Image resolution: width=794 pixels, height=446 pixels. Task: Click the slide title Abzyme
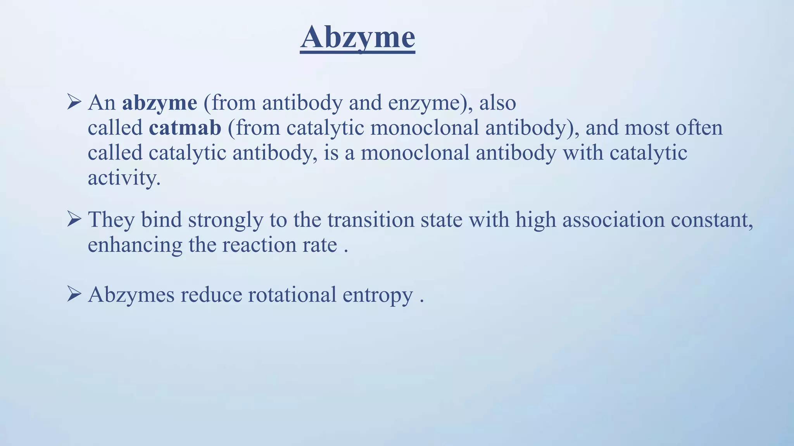click(x=357, y=38)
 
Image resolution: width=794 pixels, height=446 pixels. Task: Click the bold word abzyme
click(x=159, y=103)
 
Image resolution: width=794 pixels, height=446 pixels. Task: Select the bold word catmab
click(x=185, y=128)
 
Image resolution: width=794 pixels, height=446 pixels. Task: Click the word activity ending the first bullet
click(x=123, y=178)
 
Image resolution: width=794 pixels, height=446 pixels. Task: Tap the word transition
click(x=371, y=220)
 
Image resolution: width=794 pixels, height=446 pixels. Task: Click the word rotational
click(x=292, y=295)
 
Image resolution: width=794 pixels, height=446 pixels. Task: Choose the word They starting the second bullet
click(x=111, y=220)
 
